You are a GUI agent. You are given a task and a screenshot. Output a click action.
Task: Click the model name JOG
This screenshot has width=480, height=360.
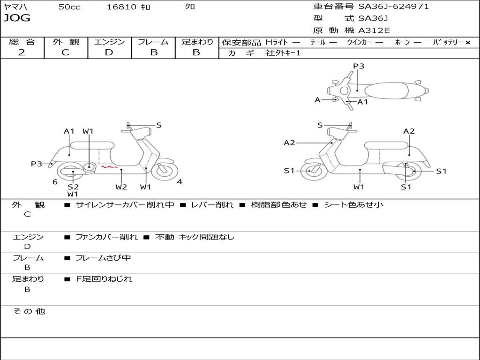17,18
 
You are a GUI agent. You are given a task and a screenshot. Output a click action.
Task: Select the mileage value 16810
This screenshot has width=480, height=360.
121,7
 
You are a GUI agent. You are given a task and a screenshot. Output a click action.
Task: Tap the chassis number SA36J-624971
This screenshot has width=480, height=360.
394,7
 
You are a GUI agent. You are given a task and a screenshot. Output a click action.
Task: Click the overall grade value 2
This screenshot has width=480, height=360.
22,52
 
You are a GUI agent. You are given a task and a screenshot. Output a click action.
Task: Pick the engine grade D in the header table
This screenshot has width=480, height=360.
109,52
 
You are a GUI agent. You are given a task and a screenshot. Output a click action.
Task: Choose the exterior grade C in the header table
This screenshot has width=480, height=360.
65,52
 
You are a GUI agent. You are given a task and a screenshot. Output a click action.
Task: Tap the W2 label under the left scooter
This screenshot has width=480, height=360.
121,187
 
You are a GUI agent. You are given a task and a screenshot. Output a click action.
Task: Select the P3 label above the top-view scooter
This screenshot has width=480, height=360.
359,66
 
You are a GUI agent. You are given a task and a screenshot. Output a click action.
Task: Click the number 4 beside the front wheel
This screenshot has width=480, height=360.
180,182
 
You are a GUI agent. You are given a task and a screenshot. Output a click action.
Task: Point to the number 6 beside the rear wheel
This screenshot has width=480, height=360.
55,182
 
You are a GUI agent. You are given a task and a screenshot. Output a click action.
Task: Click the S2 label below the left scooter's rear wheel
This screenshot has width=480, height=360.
73,187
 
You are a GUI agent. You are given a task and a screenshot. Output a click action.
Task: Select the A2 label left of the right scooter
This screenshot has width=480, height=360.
289,143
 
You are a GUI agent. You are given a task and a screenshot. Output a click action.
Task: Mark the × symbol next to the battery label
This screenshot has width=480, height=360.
467,42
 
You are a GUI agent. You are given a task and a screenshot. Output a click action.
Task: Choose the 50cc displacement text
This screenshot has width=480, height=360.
69,7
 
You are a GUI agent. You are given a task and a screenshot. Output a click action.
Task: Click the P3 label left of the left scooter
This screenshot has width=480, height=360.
37,164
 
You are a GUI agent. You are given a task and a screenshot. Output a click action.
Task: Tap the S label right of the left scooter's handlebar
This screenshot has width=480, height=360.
159,125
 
